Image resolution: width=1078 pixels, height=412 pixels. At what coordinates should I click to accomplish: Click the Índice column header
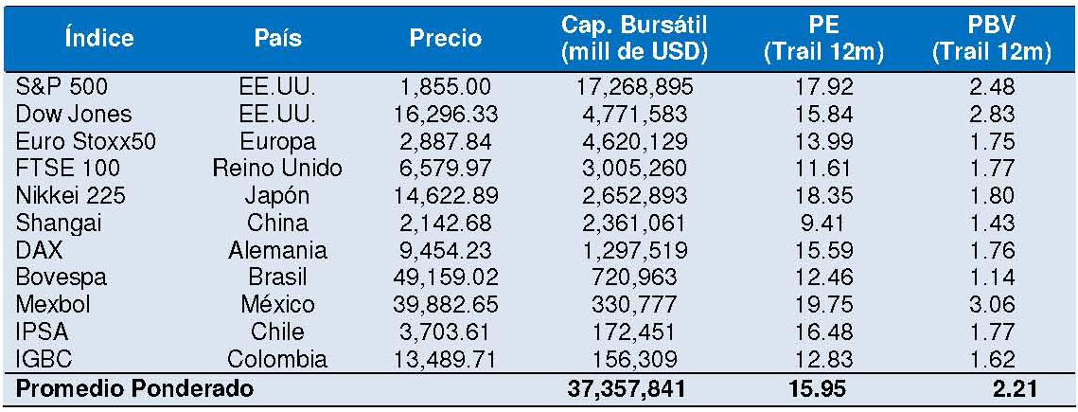[x=99, y=39]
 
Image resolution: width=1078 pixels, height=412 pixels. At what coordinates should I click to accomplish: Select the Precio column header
[x=445, y=39]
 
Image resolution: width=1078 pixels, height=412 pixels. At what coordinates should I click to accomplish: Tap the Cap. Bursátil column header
[x=635, y=39]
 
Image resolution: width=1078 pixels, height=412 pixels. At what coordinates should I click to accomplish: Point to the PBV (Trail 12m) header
[x=991, y=39]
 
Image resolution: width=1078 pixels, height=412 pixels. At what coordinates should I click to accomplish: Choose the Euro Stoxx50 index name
[x=86, y=141]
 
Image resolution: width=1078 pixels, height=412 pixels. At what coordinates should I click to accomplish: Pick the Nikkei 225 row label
[x=70, y=196]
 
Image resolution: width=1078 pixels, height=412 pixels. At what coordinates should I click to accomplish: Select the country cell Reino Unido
[x=277, y=169]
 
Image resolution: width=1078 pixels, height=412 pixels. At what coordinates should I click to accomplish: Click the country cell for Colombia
[x=277, y=359]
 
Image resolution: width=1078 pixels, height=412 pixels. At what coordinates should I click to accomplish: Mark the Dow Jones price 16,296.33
[x=445, y=115]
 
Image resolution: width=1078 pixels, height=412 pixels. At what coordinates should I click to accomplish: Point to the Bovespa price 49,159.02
[x=445, y=278]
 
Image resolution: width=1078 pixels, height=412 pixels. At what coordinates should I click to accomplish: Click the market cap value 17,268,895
[x=635, y=87]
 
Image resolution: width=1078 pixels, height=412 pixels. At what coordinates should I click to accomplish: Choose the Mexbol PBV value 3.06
[x=991, y=305]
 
